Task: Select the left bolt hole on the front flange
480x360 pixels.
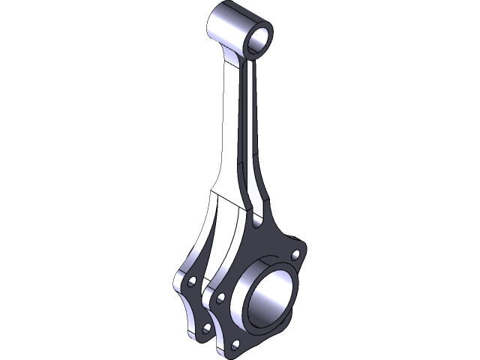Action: (220, 298)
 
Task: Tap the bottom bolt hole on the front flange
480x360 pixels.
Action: (236, 343)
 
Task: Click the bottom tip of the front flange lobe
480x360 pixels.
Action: (226, 351)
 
